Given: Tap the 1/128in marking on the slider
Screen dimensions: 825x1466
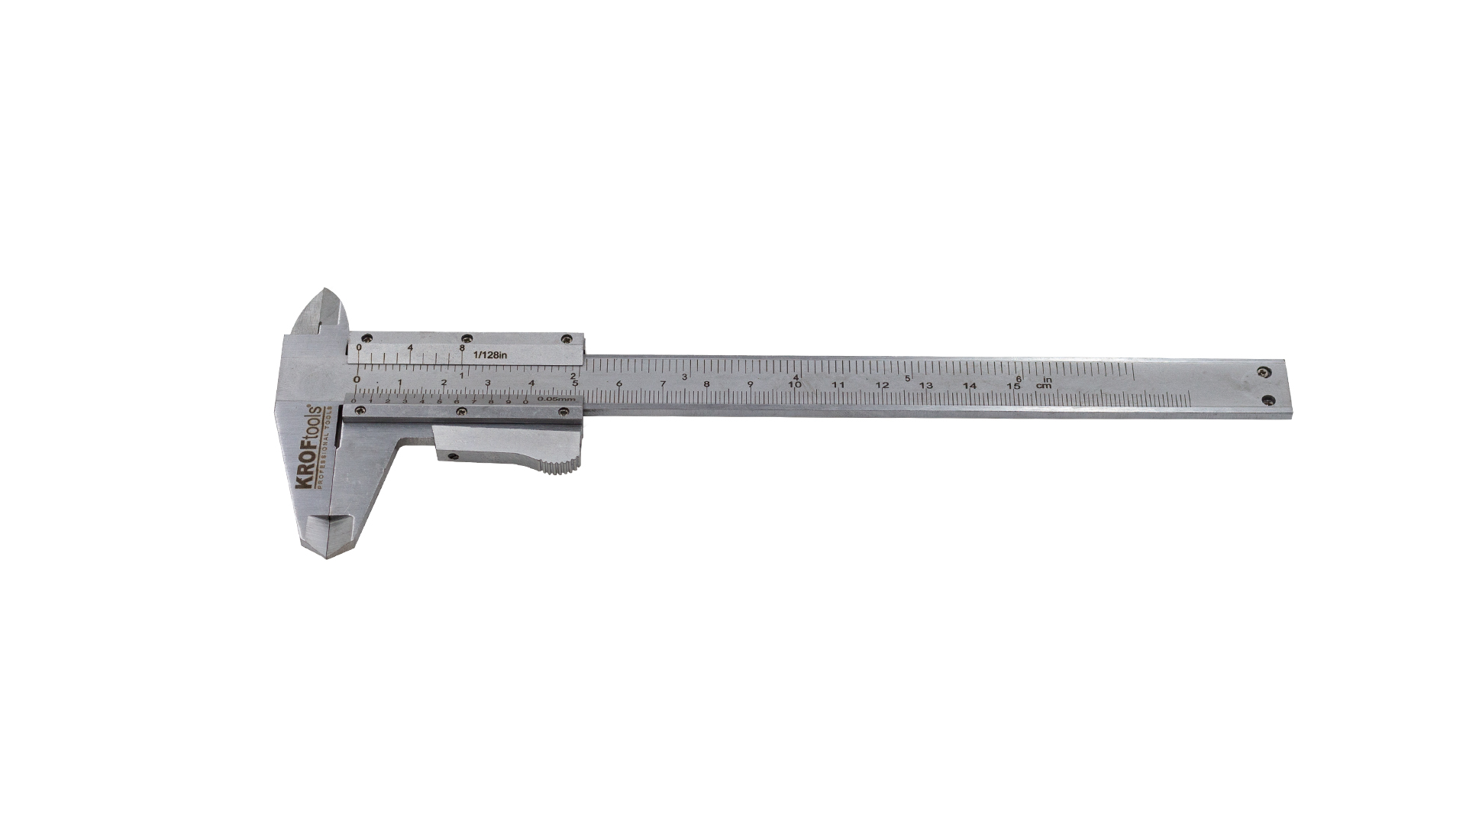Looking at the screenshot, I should [490, 354].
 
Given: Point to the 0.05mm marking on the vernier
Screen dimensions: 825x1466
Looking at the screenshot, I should [556, 399].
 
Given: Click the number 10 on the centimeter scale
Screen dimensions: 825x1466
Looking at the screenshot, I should [795, 385].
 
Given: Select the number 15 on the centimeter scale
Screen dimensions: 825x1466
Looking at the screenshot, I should [1013, 387].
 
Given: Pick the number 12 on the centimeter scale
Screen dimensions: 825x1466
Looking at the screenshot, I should [882, 386].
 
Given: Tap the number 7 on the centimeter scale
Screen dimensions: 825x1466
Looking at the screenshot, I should [663, 384].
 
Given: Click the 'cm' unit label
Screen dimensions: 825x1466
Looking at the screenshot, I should [1043, 387].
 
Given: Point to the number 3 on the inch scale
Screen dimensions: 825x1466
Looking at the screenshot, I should [684, 377].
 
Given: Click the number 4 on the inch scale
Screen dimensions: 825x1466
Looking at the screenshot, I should [796, 377].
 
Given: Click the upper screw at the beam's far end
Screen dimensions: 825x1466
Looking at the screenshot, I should [1264, 372].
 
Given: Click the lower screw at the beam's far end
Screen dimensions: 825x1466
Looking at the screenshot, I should [1268, 400].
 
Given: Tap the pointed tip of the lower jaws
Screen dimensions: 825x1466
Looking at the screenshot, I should [327, 557].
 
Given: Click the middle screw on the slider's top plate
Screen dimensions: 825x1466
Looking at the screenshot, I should [465, 338].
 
